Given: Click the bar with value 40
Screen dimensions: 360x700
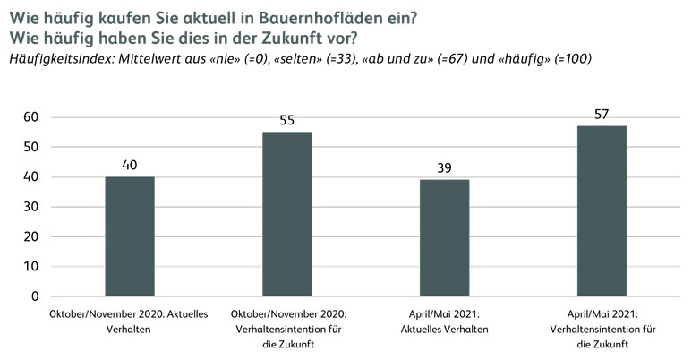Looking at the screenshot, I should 130,236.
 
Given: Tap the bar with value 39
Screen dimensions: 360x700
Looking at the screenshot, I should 444,237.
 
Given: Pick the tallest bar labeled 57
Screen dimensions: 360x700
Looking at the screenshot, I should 602,210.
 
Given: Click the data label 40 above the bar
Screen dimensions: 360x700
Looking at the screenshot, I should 130,165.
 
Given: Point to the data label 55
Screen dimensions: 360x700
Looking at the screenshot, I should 286,120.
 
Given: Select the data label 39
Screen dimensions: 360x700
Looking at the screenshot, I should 444,167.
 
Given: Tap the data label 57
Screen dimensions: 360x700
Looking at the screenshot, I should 602,114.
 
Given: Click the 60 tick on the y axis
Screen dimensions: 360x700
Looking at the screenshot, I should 30,117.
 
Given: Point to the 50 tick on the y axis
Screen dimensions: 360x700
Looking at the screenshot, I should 30,147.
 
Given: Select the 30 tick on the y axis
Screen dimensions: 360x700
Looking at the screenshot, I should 30,207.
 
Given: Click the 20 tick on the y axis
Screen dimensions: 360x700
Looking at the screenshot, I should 30,236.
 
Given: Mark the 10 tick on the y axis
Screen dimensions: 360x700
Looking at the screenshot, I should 30,266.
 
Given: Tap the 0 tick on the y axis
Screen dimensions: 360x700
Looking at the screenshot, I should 34,296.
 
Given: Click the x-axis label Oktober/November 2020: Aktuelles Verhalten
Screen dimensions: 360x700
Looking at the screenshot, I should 130,321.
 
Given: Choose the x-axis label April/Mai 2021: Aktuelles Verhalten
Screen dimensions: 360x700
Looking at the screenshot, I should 444,321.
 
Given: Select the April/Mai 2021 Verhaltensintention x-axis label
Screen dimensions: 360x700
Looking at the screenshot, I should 602,328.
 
